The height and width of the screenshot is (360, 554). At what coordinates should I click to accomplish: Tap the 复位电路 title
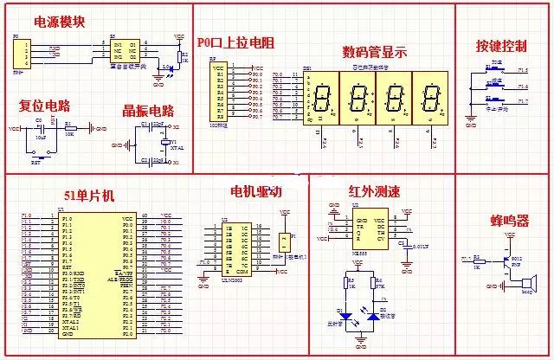pyautogui.click(x=45, y=106)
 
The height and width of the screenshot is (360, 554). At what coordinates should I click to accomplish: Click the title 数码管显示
pyautogui.click(x=375, y=50)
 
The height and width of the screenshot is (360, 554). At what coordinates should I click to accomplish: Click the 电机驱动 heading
pyautogui.click(x=256, y=191)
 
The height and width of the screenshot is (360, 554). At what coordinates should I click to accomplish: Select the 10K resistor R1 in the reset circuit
pyautogui.click(x=69, y=128)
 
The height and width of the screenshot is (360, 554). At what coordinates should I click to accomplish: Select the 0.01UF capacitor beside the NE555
pyautogui.click(x=403, y=244)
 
